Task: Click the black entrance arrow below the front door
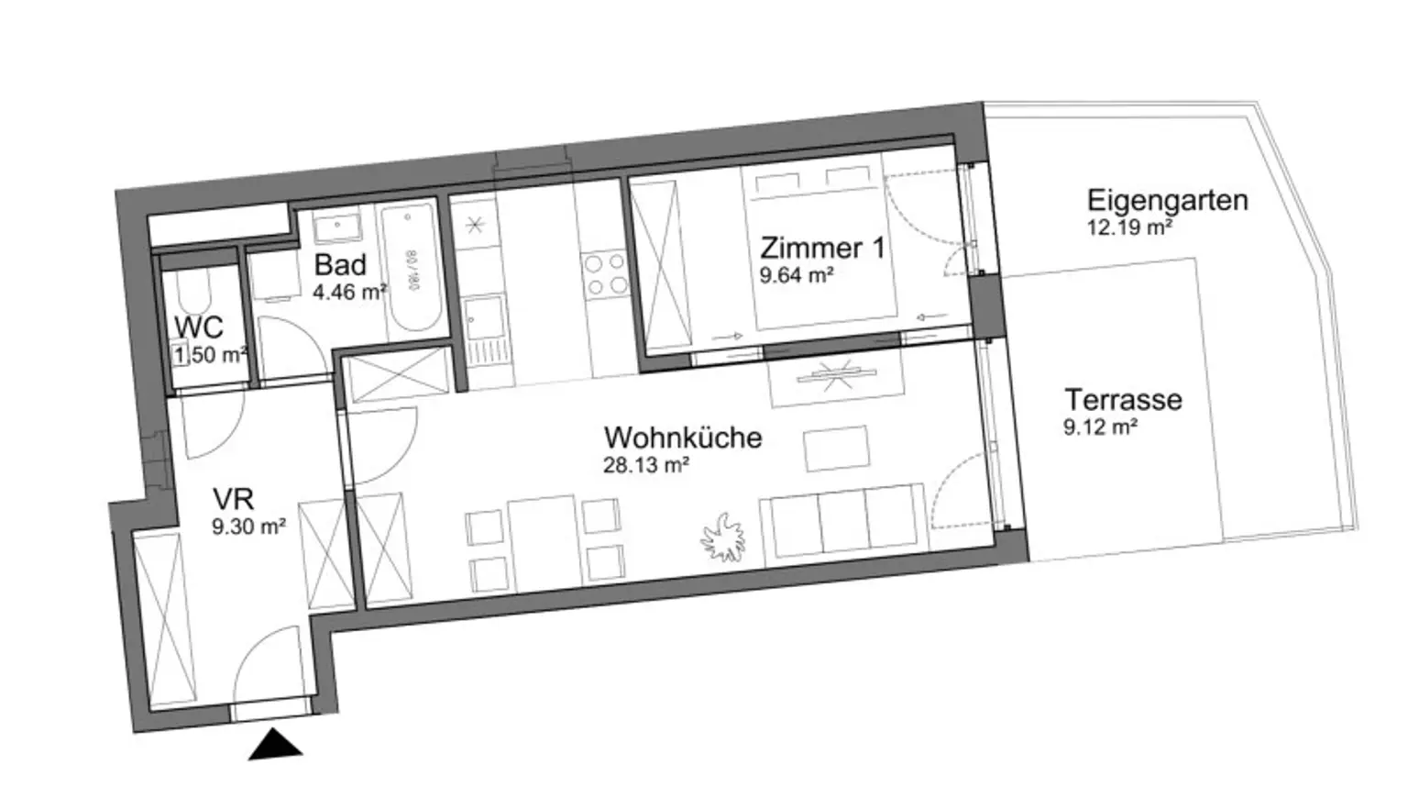(275, 746)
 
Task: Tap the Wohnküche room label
(683, 437)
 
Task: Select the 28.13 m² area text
(645, 465)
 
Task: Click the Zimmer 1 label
(823, 248)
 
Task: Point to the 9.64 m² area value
(796, 274)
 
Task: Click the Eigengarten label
(1167, 200)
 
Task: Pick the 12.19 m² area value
(1129, 227)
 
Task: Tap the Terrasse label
(1123, 400)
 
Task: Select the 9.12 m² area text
(1100, 427)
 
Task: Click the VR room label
(233, 499)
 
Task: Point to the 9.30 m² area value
(248, 527)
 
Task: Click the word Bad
(340, 265)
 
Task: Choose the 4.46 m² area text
(349, 293)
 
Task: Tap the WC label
(199, 327)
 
